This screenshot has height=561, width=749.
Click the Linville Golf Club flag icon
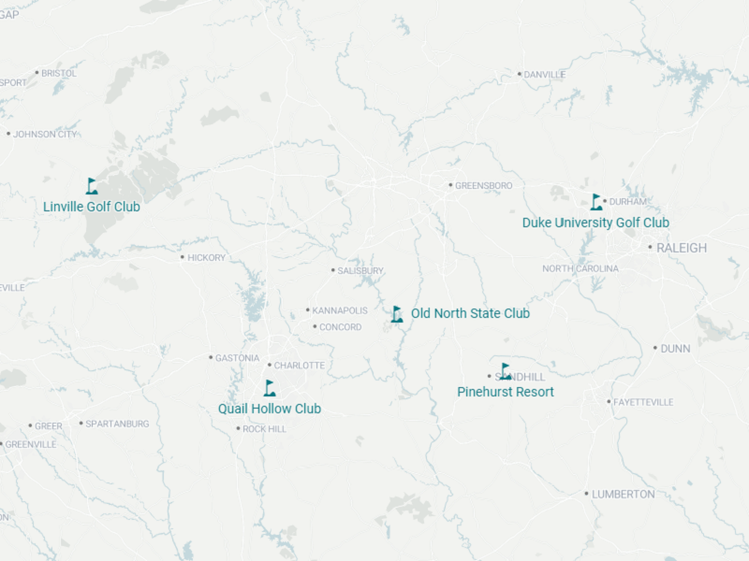pyautogui.click(x=92, y=186)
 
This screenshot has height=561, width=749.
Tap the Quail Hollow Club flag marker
pyautogui.click(x=270, y=388)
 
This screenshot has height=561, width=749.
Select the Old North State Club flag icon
pyautogui.click(x=397, y=314)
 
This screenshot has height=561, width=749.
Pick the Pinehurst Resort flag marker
pyautogui.click(x=506, y=371)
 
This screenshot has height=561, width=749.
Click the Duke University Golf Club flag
pyautogui.click(x=596, y=202)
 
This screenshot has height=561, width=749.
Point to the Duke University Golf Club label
pyautogui.click(x=595, y=223)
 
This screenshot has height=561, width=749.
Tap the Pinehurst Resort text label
pyautogui.click(x=505, y=392)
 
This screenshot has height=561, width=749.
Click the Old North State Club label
pyautogui.click(x=470, y=313)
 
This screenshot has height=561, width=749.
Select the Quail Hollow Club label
pyautogui.click(x=270, y=409)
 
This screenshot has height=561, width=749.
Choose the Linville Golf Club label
pyautogui.click(x=92, y=206)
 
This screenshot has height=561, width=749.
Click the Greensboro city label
pyautogui.click(x=483, y=186)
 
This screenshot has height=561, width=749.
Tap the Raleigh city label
pyautogui.click(x=682, y=248)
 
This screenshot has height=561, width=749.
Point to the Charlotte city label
pyautogui.click(x=299, y=366)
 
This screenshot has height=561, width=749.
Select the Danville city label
pyautogui.click(x=545, y=75)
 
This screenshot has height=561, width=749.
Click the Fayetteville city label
pyautogui.click(x=643, y=402)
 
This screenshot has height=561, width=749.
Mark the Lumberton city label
pyautogui.click(x=623, y=494)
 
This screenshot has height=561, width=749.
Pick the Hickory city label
pyautogui.click(x=206, y=258)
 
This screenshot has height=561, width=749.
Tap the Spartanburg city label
pyautogui.click(x=117, y=424)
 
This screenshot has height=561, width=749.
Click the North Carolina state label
pyautogui.click(x=580, y=269)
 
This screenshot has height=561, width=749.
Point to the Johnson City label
pyautogui.click(x=45, y=135)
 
